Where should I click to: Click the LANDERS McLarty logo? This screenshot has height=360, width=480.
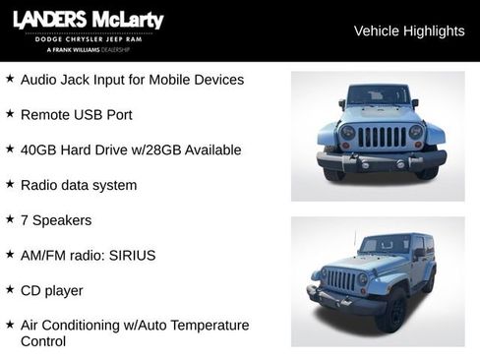click(88, 22)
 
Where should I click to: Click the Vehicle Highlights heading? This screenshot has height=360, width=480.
click(408, 30)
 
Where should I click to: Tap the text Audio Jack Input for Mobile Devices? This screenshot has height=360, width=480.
click(132, 79)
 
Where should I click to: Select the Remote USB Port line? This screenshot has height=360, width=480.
click(76, 114)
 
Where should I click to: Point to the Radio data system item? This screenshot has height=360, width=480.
click(79, 185)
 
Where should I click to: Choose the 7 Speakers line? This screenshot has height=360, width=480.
click(56, 219)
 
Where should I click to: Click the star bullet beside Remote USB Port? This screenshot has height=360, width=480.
click(10, 113)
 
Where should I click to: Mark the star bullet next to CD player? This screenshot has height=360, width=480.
click(10, 289)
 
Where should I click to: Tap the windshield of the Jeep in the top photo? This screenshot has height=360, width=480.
click(379, 95)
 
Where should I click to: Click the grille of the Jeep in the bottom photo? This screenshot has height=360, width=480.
click(341, 281)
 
